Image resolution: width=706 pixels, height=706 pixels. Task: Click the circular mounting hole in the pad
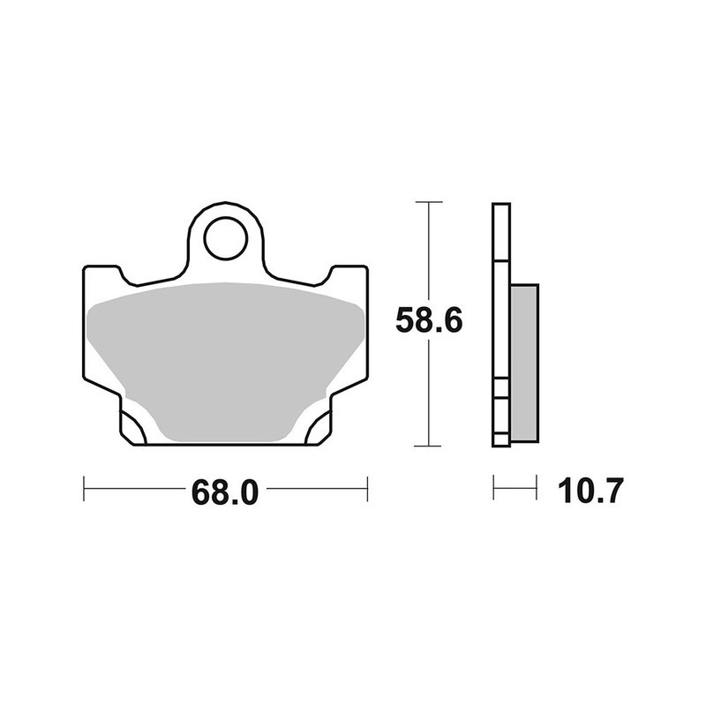click(225, 238)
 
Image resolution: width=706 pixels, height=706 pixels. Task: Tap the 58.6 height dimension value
click(429, 322)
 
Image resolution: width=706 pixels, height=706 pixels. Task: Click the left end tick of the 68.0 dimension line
click(84, 486)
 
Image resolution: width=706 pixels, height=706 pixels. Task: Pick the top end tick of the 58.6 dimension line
click(429, 203)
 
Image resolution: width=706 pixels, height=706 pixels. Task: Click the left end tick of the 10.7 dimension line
click(493, 486)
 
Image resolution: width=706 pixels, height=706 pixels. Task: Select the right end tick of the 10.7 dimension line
click(537, 486)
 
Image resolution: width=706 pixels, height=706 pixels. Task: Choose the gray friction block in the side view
click(523, 362)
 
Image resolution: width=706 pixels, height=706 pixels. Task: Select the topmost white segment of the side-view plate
click(500, 234)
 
